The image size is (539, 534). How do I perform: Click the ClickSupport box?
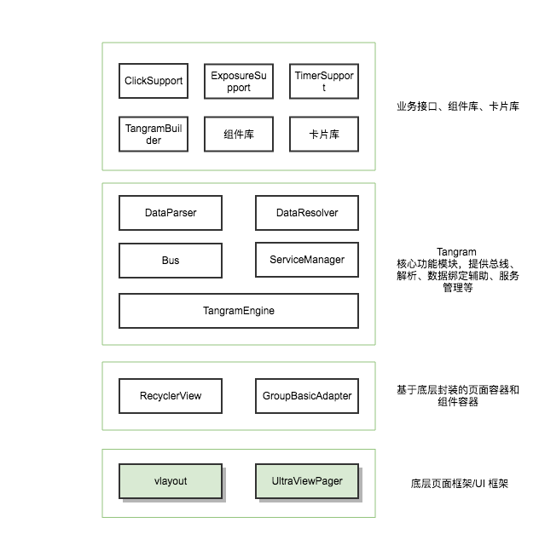(x=154, y=81)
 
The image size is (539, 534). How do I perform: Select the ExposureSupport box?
(x=238, y=81)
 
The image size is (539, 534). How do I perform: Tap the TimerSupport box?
(x=323, y=81)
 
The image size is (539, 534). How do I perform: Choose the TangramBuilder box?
(x=154, y=134)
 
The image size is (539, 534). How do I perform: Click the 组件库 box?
(x=238, y=134)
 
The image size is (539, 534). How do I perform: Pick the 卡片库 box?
(x=323, y=134)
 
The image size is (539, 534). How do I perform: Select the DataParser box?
(x=171, y=213)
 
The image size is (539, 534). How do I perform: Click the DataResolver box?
(x=306, y=213)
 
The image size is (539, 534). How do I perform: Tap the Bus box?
(x=171, y=260)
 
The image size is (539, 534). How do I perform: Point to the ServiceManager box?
(x=306, y=259)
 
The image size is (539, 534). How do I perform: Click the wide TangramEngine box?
(x=238, y=311)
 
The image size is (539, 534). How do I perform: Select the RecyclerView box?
(x=171, y=395)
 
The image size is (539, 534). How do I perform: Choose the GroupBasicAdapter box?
(x=306, y=395)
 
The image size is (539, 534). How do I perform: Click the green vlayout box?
(x=171, y=481)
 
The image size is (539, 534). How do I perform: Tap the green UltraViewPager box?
(x=306, y=481)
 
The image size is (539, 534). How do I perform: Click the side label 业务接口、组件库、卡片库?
(x=457, y=107)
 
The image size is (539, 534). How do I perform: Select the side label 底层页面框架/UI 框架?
(x=459, y=483)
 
